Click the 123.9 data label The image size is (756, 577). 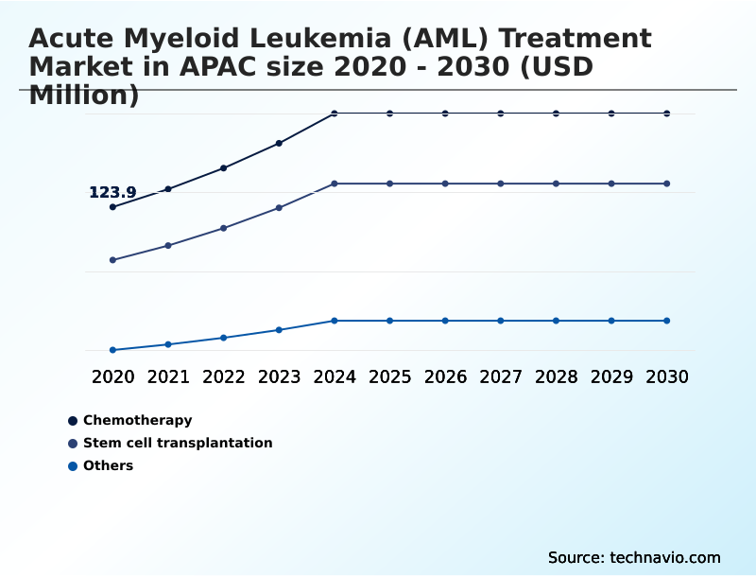coord(112,193)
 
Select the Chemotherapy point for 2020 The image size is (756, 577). coord(113,207)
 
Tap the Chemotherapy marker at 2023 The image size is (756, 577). coord(279,144)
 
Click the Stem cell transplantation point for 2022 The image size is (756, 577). coord(223,228)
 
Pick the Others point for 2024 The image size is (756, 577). coord(335,321)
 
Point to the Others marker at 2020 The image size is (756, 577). coord(113,350)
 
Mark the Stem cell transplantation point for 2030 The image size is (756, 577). coord(667,184)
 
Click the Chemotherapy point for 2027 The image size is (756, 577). coord(501,114)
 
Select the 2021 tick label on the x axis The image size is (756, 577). coord(168,377)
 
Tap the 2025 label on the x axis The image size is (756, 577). coord(389,377)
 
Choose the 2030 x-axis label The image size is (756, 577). coord(667,377)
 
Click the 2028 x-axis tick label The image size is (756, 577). coord(556,377)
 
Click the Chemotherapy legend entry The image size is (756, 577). coord(137,420)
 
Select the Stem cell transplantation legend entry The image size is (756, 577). coord(178,443)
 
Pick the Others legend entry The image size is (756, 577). coord(108,465)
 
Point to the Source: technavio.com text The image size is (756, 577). coord(634,557)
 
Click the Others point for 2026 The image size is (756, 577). coord(445,321)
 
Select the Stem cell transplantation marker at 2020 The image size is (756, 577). coord(113,260)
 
